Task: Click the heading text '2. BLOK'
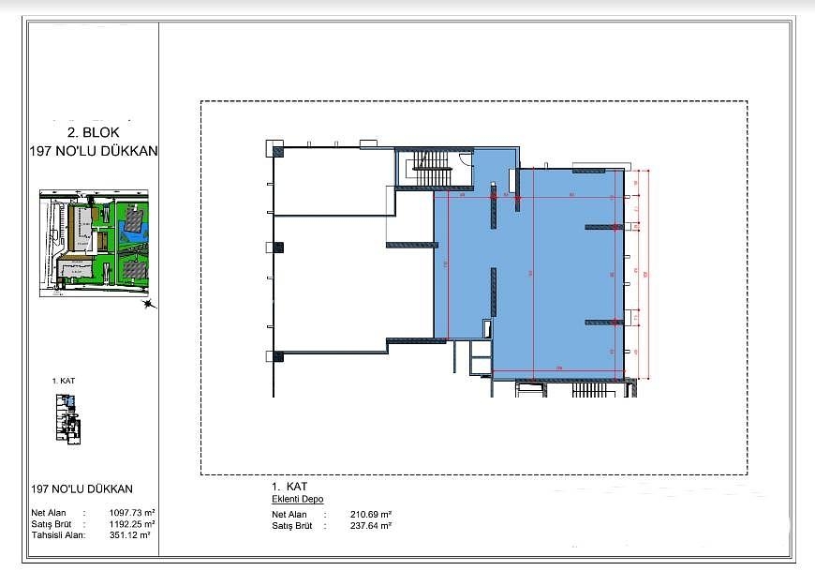click(92, 133)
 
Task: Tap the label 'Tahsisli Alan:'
click(58, 535)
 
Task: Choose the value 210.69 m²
click(371, 515)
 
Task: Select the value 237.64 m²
click(371, 526)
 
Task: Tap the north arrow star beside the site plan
click(147, 303)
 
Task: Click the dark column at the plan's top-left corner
click(277, 149)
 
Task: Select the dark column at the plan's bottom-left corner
click(277, 355)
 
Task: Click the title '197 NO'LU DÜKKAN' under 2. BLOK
click(92, 150)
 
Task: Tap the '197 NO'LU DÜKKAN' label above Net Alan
click(81, 489)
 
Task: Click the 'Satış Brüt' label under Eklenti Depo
click(290, 526)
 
